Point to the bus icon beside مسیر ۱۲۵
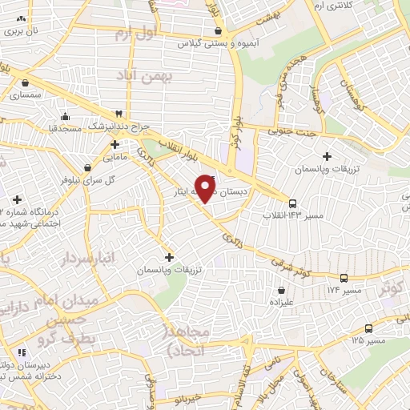[368, 328]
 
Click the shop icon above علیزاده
[281, 290]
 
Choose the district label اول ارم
[132, 34]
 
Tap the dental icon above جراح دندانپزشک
[119, 115]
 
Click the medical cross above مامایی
[115, 145]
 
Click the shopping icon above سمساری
[26, 82]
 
